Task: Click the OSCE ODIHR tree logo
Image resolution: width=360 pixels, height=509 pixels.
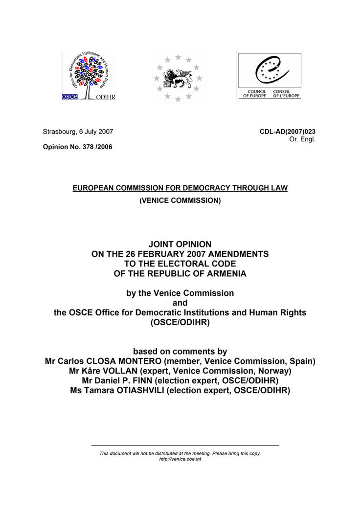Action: (89, 77)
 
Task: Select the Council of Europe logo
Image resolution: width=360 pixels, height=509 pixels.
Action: (270, 76)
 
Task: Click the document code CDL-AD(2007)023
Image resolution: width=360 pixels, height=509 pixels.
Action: (288, 132)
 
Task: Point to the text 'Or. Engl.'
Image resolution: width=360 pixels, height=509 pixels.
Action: (303, 139)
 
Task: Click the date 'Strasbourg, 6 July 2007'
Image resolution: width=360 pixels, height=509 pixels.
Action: (78, 132)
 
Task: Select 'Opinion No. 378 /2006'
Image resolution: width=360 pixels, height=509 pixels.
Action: (77, 147)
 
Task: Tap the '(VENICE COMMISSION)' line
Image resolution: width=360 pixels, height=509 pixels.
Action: (180, 200)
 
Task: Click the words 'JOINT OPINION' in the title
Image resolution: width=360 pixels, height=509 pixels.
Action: (180, 243)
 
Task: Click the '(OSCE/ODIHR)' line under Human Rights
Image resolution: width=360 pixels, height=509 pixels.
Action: (180, 323)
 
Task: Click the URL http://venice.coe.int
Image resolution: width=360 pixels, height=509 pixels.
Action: (180, 459)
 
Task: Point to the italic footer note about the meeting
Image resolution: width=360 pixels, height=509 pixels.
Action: (180, 453)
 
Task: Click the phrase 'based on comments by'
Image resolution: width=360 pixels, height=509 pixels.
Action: (180, 351)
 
